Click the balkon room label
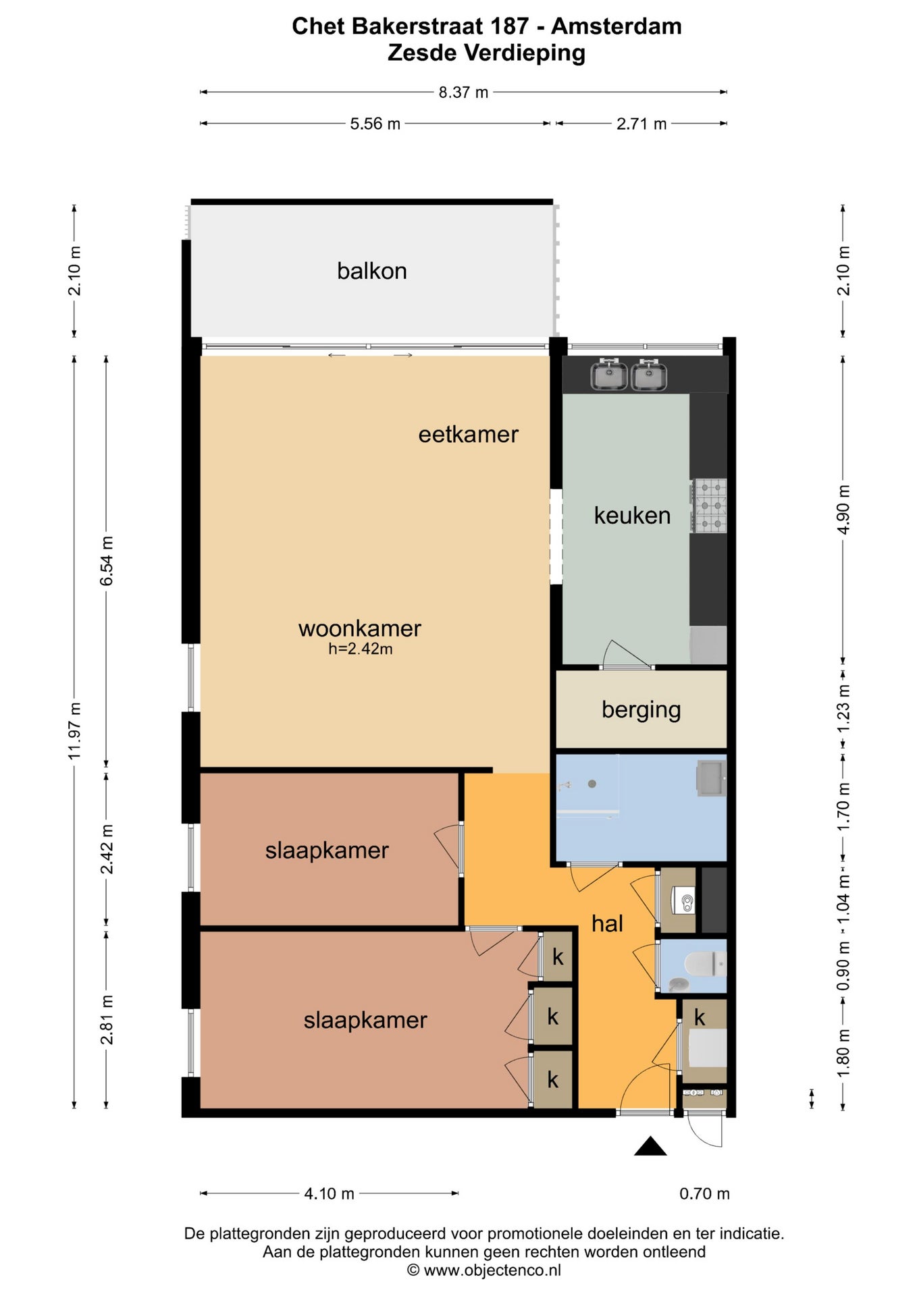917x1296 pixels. tap(372, 271)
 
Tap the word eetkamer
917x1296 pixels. tap(468, 434)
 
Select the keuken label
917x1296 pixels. tap(632, 515)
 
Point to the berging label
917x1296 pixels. tap(641, 710)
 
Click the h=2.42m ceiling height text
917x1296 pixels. tap(361, 649)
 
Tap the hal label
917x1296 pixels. tap(607, 923)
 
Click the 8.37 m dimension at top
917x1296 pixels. tap(463, 92)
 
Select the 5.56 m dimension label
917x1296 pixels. tap(375, 124)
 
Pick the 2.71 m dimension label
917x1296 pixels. tap(641, 124)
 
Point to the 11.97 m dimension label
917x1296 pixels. tap(75, 730)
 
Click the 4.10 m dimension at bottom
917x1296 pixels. tap(329, 1193)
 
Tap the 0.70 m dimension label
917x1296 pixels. tap(704, 1193)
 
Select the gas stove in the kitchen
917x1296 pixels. tap(708, 505)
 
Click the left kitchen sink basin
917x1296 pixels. tap(609, 375)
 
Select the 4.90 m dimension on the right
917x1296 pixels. tap(843, 509)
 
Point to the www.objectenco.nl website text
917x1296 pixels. tap(492, 1270)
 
